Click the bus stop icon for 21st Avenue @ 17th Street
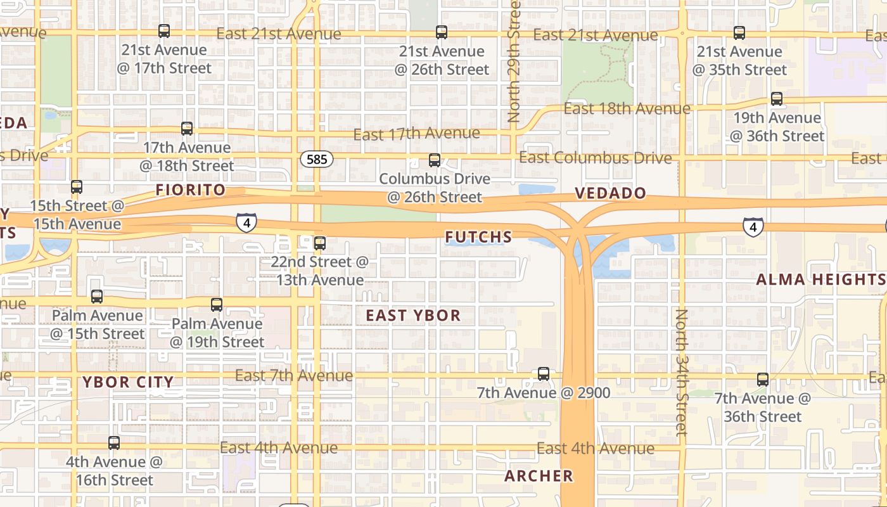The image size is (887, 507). [x=164, y=31]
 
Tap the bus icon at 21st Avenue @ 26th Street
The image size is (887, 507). [x=442, y=32]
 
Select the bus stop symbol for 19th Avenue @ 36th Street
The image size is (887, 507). [x=776, y=99]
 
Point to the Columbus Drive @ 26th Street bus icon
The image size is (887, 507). [x=435, y=160]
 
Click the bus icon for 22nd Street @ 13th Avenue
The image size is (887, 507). [x=320, y=243]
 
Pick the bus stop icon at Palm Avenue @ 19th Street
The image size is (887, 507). [x=217, y=305]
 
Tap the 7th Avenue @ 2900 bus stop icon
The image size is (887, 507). [x=544, y=374]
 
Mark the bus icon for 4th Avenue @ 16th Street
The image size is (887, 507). [x=114, y=443]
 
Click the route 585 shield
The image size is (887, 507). [x=317, y=159]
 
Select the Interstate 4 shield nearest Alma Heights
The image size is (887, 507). [x=753, y=226]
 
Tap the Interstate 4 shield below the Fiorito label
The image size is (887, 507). [x=246, y=222]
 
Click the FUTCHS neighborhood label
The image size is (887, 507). [x=478, y=238]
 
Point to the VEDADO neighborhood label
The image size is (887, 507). [x=611, y=193]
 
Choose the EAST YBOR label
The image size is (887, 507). [x=413, y=315]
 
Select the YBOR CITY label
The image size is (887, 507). [x=128, y=382]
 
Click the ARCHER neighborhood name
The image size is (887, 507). [x=539, y=476]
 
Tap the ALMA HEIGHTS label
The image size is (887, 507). [x=820, y=279]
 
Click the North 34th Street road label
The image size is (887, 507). [x=682, y=372]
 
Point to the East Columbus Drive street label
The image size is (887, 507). [x=595, y=158]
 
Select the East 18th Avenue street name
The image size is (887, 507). [x=627, y=109]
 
